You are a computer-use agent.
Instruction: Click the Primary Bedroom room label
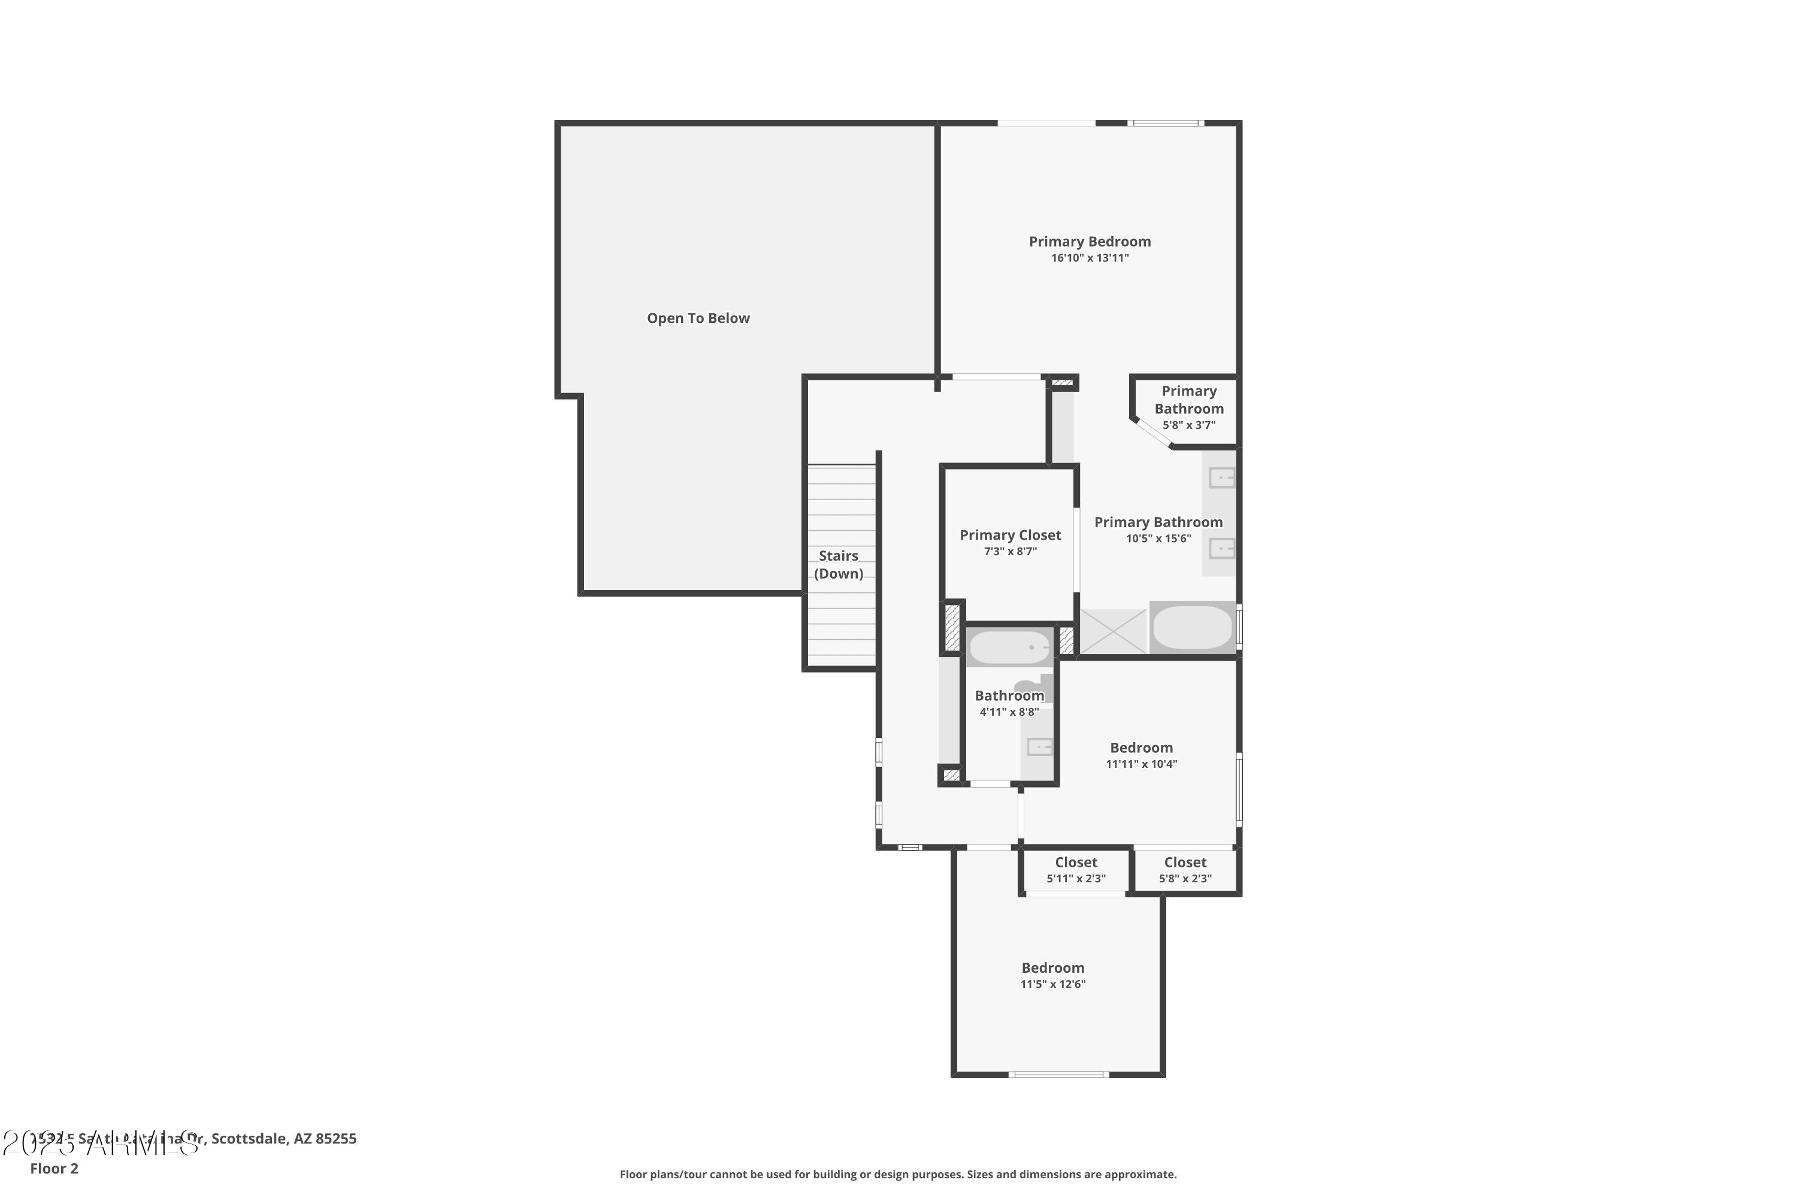[x=1090, y=241]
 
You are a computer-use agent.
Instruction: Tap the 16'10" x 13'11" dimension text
[x=1090, y=258]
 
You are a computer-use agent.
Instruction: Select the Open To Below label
[x=698, y=318]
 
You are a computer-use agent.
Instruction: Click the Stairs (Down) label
[x=838, y=565]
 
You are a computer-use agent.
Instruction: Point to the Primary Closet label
[x=1010, y=535]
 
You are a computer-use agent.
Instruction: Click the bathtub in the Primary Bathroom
[x=1192, y=627]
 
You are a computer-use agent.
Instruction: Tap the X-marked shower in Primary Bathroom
[x=1112, y=631]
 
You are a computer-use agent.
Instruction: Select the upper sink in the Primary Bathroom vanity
[x=1221, y=478]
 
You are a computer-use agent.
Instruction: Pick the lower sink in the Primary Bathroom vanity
[x=1221, y=548]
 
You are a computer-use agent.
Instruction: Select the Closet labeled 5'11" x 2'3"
[x=1076, y=870]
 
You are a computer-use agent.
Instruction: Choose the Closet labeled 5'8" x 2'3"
[x=1185, y=870]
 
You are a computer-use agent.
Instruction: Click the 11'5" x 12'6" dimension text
[x=1053, y=984]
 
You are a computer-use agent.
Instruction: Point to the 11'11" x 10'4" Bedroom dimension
[x=1142, y=764]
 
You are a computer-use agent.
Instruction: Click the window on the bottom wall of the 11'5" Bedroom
[x=1058, y=1075]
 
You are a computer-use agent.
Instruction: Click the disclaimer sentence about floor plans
[x=898, y=1174]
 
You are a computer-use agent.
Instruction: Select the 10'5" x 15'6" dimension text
[x=1158, y=539]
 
